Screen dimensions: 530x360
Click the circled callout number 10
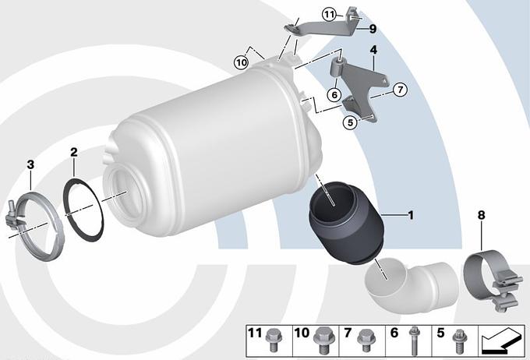click(x=242, y=62)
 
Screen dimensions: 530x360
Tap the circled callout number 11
click(x=329, y=15)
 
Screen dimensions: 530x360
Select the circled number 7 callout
click(x=400, y=90)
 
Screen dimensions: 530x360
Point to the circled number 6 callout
click(x=334, y=94)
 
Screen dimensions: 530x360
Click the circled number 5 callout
click(x=350, y=122)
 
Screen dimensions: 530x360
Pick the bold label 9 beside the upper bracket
click(x=373, y=29)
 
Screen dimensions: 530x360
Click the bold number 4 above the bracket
click(x=373, y=50)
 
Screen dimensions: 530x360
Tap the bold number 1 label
click(x=411, y=215)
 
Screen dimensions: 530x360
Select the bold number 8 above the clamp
click(x=482, y=214)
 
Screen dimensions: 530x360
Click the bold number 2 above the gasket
click(x=74, y=152)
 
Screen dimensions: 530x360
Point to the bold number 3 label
click(x=30, y=164)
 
